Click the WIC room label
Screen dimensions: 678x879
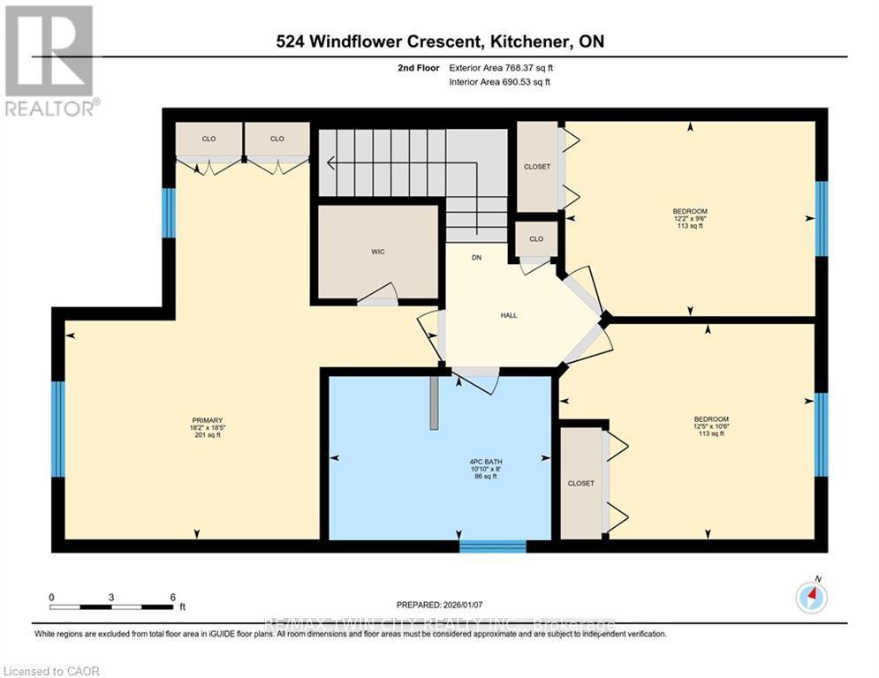click(x=378, y=252)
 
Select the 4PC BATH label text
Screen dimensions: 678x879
click(x=458, y=460)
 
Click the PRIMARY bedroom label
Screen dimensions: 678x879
click(x=207, y=420)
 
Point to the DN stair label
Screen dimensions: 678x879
click(x=476, y=258)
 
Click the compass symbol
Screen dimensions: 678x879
click(x=810, y=599)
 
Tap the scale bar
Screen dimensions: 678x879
click(x=111, y=606)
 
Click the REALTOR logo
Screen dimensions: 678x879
click(x=49, y=60)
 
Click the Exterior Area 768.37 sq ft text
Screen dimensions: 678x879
click(x=502, y=67)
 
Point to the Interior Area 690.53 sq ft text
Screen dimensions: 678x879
click(x=502, y=82)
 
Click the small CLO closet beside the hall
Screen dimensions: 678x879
click(x=536, y=237)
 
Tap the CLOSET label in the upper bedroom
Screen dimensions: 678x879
click(x=536, y=167)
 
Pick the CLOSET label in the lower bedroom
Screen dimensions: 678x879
click(x=580, y=484)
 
